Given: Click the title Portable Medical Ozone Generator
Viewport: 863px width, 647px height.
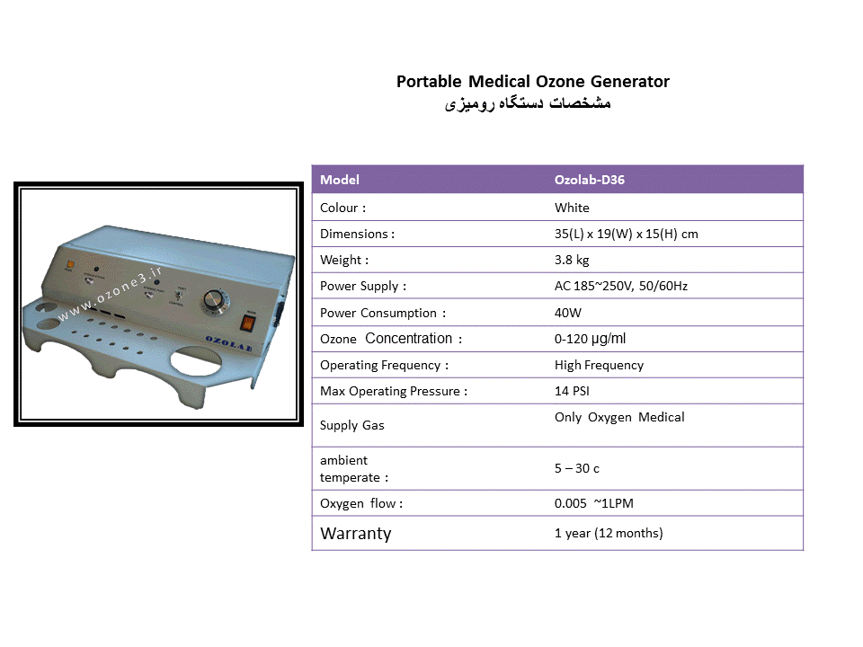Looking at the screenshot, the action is click(x=533, y=82).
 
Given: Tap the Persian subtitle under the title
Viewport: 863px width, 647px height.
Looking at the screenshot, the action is click(x=528, y=103).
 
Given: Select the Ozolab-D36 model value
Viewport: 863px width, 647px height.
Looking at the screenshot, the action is click(x=590, y=180).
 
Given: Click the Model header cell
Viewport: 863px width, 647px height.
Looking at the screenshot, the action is click(x=340, y=180).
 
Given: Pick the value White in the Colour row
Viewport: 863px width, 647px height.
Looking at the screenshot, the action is click(x=572, y=208).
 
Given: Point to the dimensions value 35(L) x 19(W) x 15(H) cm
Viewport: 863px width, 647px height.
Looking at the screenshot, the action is click(x=627, y=234).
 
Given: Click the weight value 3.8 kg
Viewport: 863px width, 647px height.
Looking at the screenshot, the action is click(x=572, y=260).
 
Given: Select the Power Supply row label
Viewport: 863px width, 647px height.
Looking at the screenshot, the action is click(x=363, y=286).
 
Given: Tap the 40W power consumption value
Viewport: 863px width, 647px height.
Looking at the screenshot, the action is click(x=568, y=313).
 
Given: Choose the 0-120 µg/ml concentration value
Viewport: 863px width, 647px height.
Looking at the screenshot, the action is click(x=590, y=339).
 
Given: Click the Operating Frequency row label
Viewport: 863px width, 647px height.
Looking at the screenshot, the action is click(x=384, y=366).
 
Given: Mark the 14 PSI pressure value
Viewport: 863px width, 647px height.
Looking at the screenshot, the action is click(x=572, y=391).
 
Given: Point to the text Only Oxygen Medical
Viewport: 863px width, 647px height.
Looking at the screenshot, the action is click(x=619, y=418).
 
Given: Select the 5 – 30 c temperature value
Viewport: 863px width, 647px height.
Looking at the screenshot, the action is click(x=577, y=469).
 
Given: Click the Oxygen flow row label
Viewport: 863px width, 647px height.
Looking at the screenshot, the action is click(x=361, y=503).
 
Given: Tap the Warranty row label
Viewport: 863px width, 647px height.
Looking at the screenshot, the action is click(x=356, y=534).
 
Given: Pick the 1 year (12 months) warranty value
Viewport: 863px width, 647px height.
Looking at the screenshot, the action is click(x=609, y=533).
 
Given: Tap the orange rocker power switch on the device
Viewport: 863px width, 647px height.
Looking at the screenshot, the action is click(x=248, y=323).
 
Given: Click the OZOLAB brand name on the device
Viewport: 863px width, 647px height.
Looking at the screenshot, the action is click(x=229, y=343).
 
